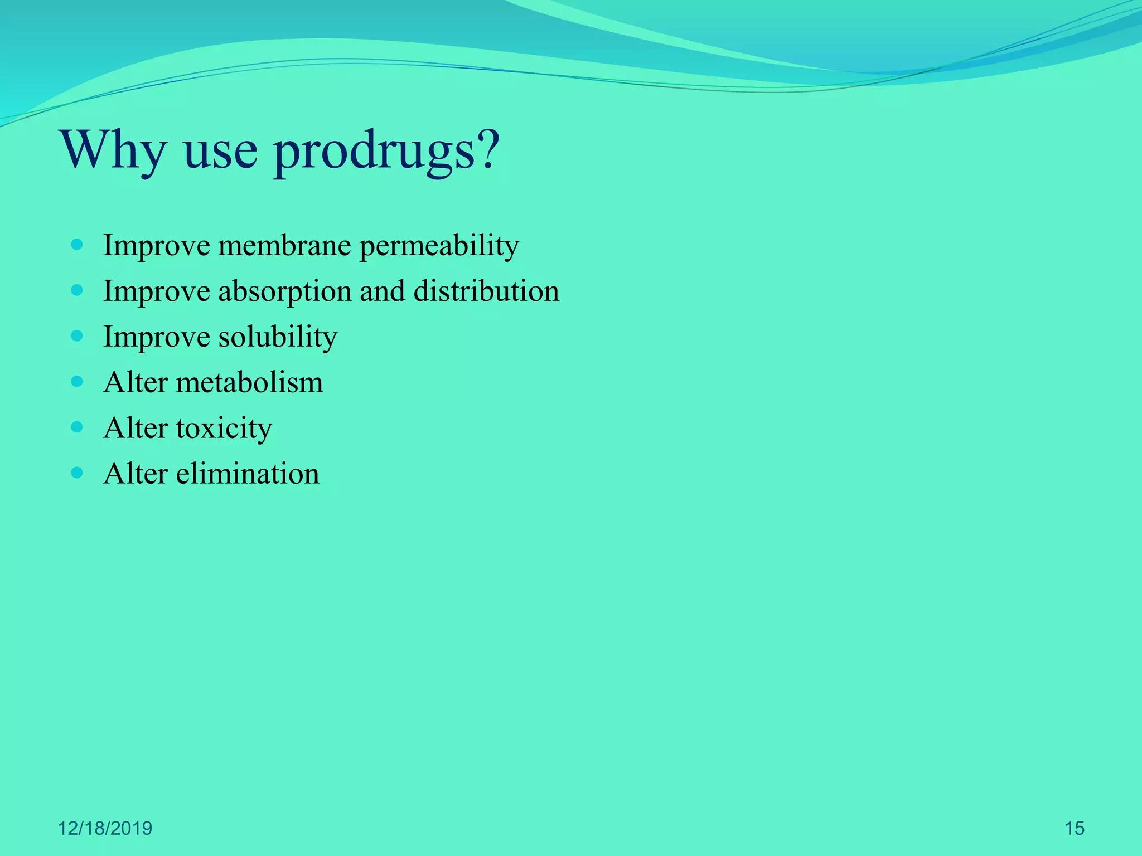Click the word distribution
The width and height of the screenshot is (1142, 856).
[486, 291]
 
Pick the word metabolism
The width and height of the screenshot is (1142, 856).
[249, 383]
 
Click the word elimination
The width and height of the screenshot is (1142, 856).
[248, 474]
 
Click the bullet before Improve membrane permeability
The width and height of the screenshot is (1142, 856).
[78, 245]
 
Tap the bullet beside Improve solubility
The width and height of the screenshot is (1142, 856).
[78, 336]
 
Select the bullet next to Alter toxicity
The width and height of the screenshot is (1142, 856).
[78, 427]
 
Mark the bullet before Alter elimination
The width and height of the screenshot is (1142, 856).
[78, 473]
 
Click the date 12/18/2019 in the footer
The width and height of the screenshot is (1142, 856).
[105, 829]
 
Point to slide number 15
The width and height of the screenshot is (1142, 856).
[1074, 829]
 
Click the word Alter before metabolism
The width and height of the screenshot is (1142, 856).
[136, 383]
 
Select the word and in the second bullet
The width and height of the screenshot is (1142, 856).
[382, 291]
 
